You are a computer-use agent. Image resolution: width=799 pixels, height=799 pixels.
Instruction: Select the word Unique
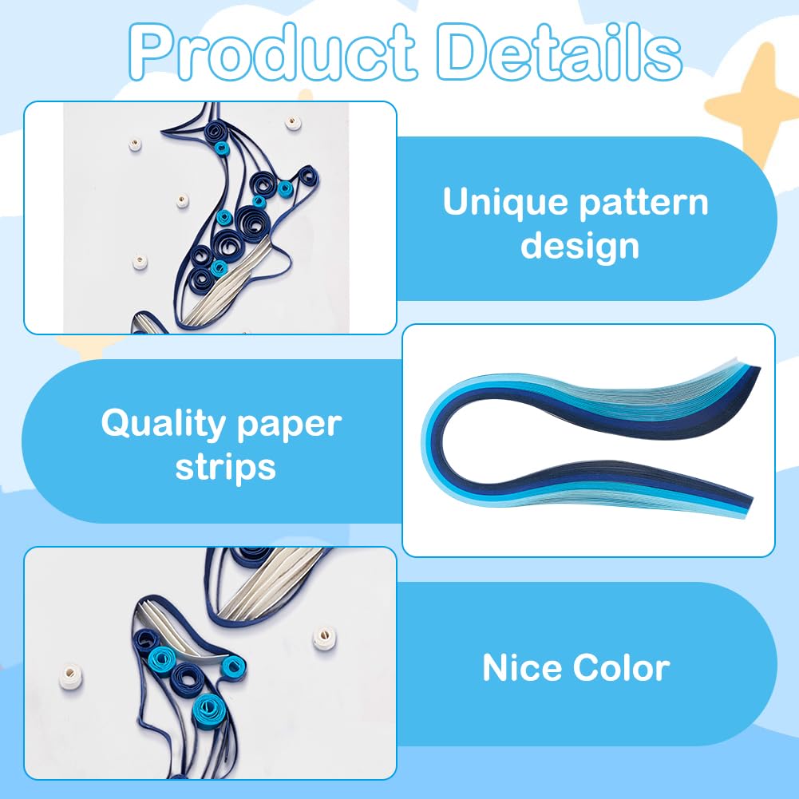(x=495, y=203)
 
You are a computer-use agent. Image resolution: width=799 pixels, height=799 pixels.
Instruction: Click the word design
(x=579, y=245)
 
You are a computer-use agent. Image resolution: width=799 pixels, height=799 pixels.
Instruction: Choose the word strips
(x=226, y=467)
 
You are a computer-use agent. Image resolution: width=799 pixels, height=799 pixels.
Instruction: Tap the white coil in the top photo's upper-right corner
(x=293, y=122)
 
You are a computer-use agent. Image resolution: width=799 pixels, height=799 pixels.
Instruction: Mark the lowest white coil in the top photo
(x=140, y=262)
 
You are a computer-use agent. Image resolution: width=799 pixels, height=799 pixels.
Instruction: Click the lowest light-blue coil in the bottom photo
(x=209, y=707)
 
